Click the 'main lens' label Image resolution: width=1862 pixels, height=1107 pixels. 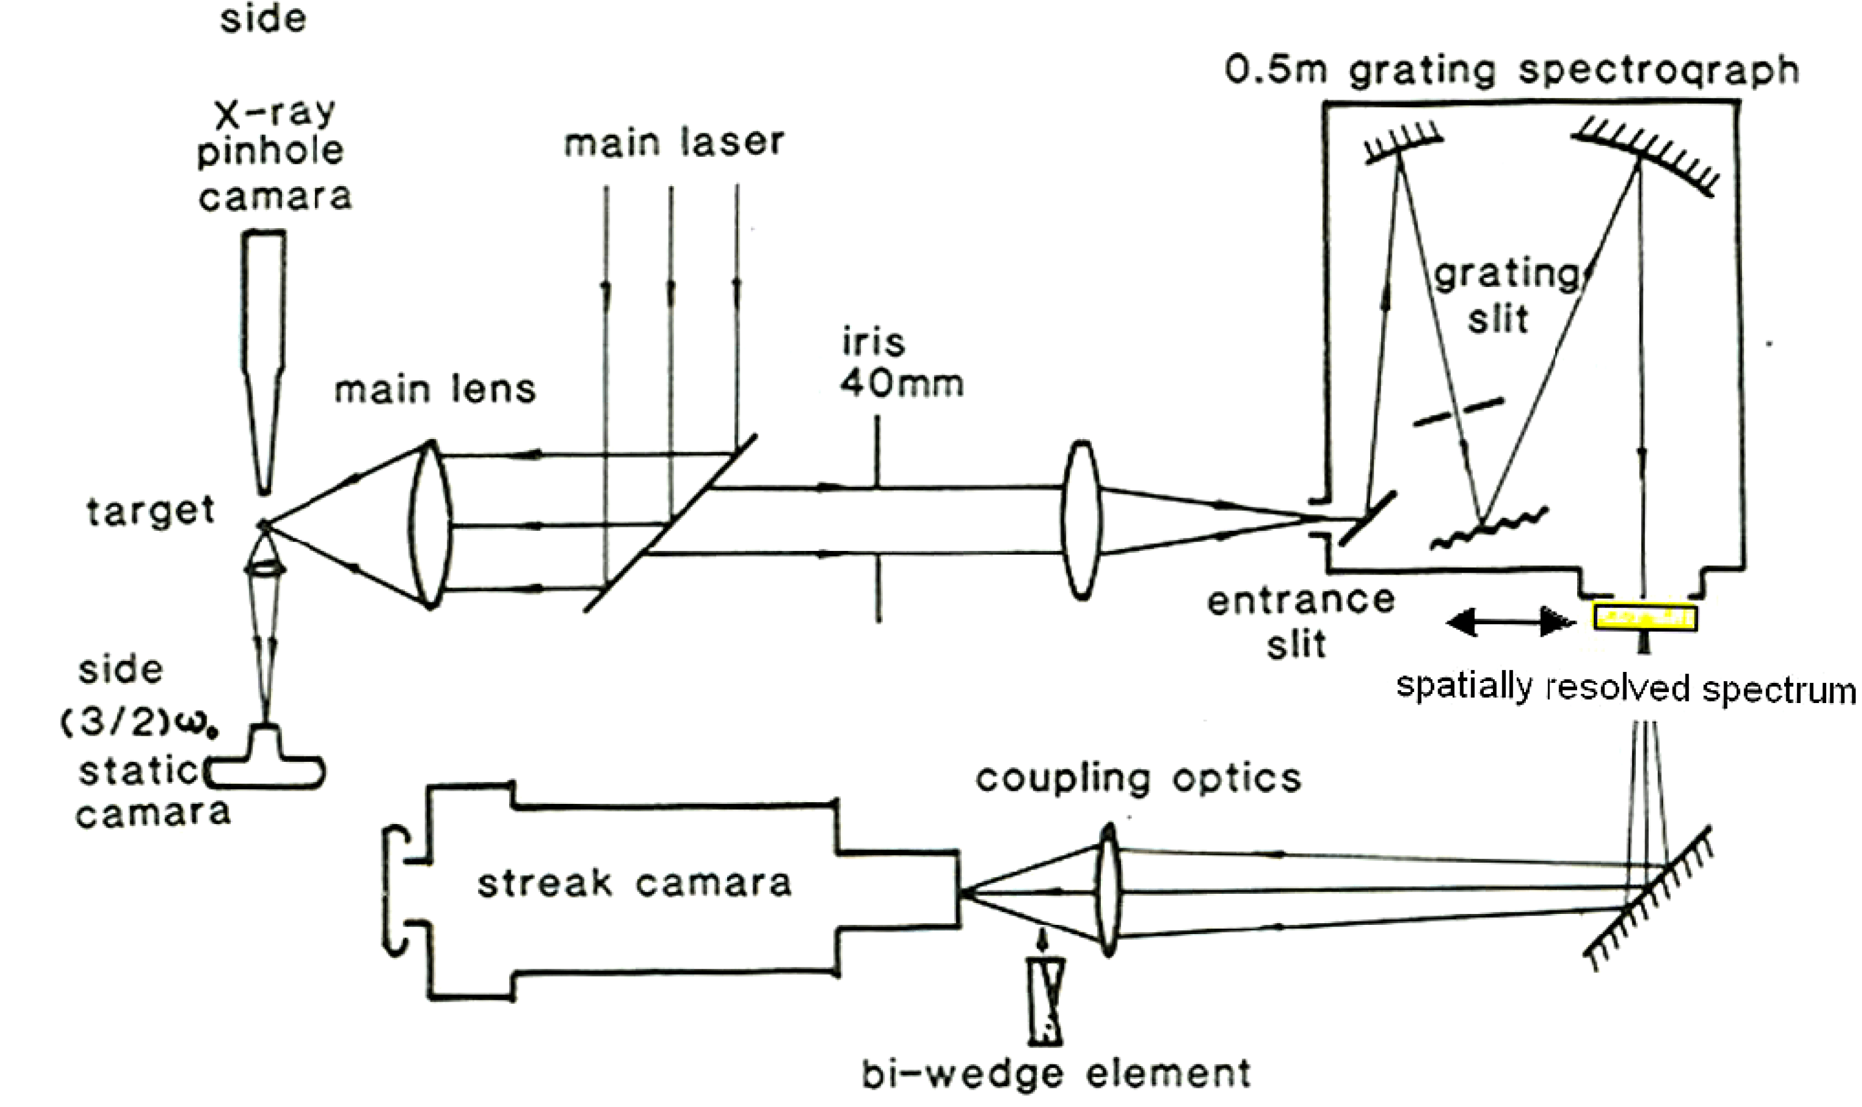[x=435, y=390]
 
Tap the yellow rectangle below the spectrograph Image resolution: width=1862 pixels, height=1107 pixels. [x=1645, y=618]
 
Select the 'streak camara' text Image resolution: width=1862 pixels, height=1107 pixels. [x=634, y=883]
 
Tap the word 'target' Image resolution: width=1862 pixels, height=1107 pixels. [x=151, y=512]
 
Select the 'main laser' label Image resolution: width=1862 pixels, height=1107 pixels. [x=674, y=142]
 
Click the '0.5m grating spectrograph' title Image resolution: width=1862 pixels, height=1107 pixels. [x=1512, y=71]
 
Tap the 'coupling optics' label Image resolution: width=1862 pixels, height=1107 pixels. [x=1139, y=778]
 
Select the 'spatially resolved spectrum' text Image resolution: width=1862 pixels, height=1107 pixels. [x=1626, y=688]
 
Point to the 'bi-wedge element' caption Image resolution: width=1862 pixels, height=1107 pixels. [x=1056, y=1074]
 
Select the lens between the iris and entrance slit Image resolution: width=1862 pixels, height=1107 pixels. [x=1081, y=520]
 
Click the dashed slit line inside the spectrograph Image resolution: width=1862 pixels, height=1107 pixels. [x=1458, y=412]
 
